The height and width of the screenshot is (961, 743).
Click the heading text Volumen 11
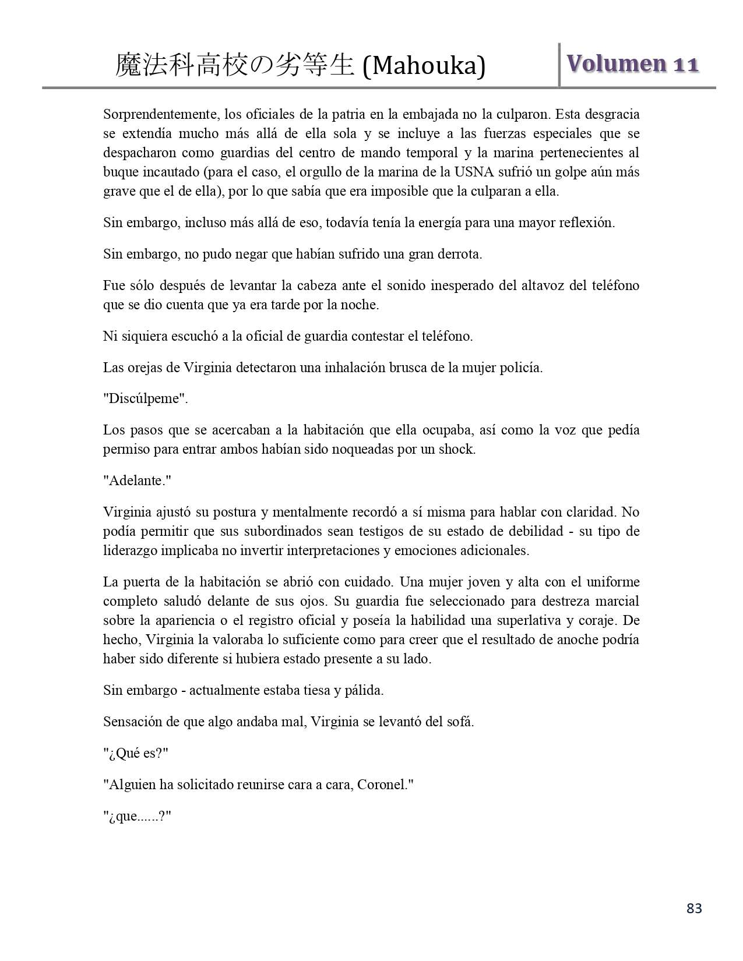(632, 63)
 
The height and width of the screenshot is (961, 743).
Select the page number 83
(694, 909)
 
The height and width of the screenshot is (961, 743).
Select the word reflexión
(584, 222)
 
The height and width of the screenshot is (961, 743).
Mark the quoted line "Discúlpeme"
(146, 399)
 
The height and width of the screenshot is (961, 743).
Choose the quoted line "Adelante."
(137, 481)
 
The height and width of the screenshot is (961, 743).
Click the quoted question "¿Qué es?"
(136, 754)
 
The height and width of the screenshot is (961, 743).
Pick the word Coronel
(383, 785)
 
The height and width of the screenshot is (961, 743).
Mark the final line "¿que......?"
(137, 817)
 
